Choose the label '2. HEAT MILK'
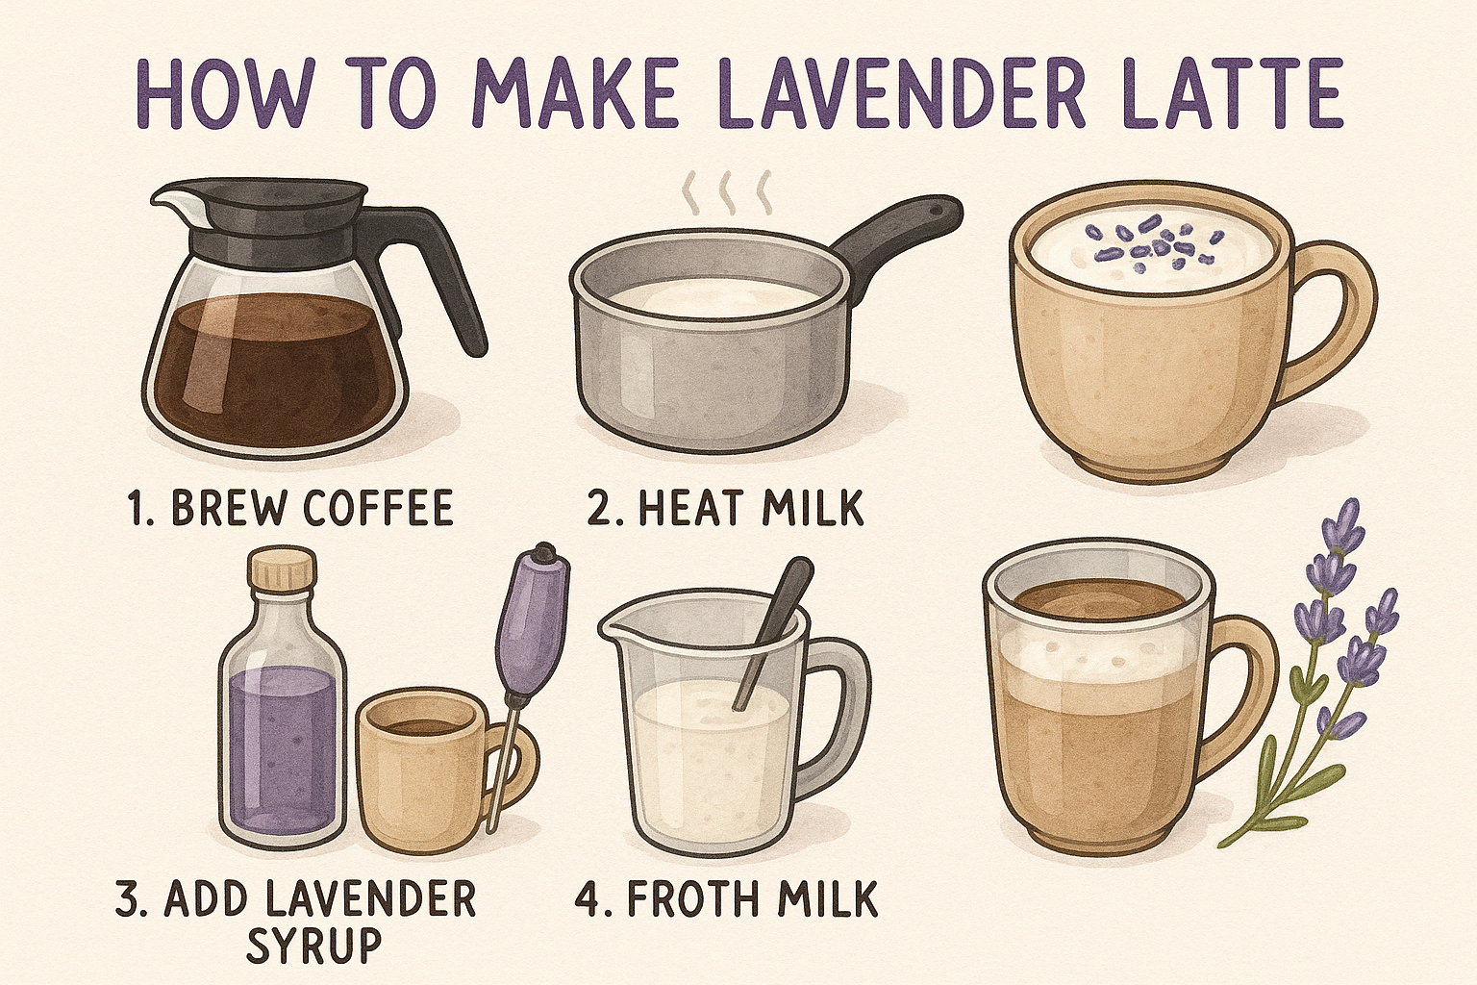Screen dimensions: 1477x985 click(x=725, y=508)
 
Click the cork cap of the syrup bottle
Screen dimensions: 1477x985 click(x=282, y=567)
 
